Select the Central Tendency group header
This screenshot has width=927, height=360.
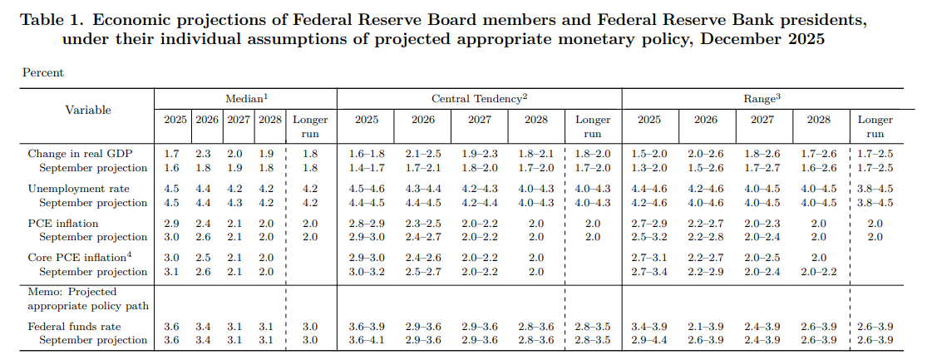479,99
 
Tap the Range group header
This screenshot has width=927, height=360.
762,99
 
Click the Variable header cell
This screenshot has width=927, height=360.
87,110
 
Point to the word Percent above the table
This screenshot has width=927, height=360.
43,72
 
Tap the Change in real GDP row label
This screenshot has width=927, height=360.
79,154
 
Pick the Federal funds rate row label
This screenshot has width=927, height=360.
75,326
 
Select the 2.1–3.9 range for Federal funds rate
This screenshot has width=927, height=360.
705,326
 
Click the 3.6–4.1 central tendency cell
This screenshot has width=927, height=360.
367,340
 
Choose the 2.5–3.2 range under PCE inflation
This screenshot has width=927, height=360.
648,237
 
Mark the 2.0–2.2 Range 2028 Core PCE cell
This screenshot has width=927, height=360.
819,271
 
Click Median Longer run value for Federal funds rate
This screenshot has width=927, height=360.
309,326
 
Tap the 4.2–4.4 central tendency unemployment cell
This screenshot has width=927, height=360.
480,203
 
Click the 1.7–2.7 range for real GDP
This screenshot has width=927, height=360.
762,168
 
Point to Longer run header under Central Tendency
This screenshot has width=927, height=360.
593,126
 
